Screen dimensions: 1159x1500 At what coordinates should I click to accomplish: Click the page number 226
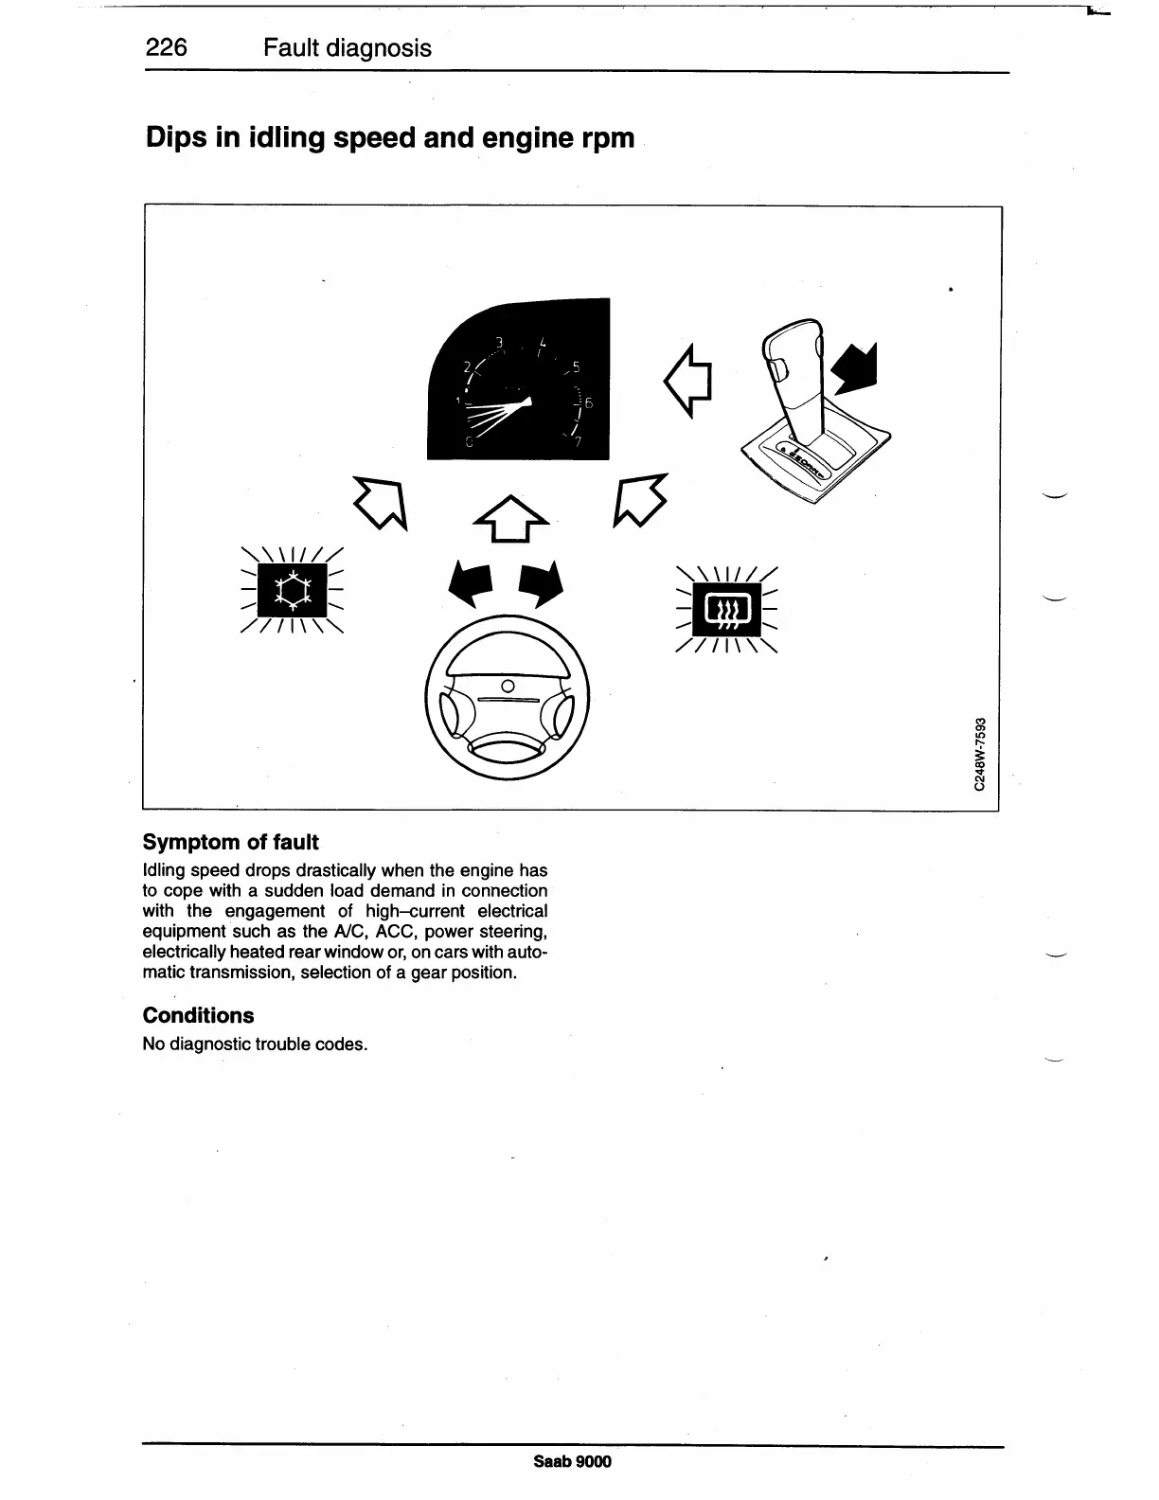(167, 48)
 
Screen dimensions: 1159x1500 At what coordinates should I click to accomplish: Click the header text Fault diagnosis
(348, 48)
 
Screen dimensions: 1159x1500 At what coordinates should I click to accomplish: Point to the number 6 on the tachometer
(587, 403)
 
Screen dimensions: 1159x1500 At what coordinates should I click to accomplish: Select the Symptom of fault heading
(230, 843)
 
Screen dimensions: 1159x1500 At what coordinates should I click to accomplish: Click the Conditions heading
(198, 1016)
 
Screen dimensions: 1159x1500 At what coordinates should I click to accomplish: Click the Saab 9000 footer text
(573, 1461)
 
